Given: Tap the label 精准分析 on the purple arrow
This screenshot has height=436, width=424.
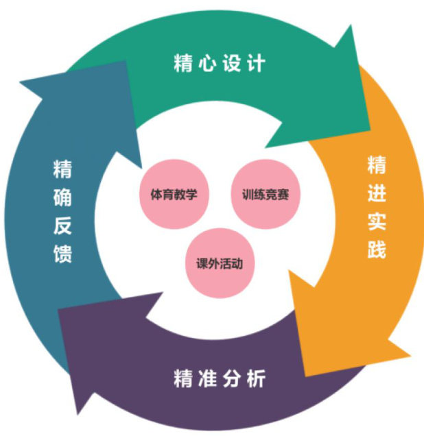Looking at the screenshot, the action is coord(219,378).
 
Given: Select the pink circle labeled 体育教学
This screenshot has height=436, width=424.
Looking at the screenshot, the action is coord(174,194).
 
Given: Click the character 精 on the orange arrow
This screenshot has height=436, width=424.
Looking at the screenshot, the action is coord(376,165).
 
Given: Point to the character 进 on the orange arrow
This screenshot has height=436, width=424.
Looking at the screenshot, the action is coord(376,193).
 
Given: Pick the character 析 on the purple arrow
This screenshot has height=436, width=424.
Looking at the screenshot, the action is coord(256,378).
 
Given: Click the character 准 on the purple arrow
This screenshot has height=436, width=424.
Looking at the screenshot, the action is coord(207,378).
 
